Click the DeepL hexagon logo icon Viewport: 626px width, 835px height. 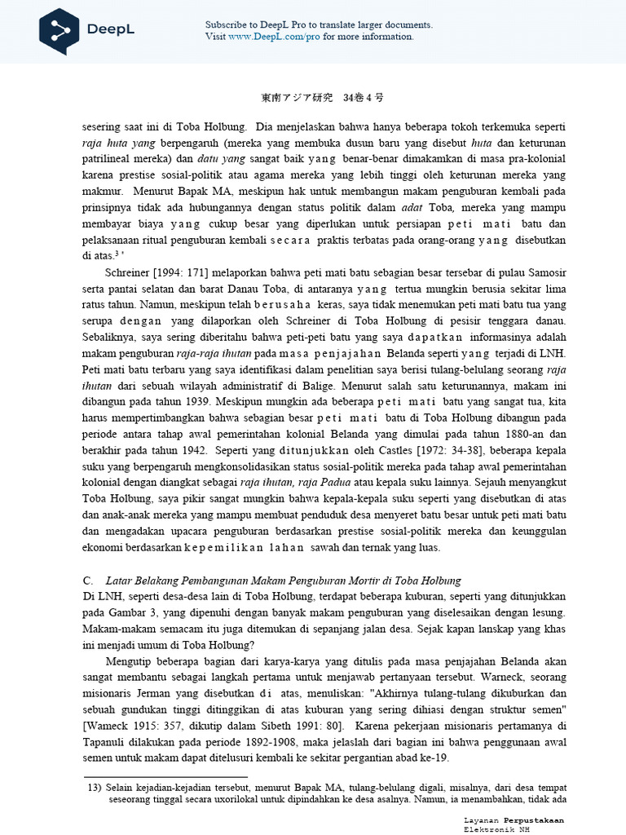[60, 30]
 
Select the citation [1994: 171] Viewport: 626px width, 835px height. [172, 272]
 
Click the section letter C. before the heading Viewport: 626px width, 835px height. [88, 581]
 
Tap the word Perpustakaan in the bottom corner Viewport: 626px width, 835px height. [533, 820]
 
